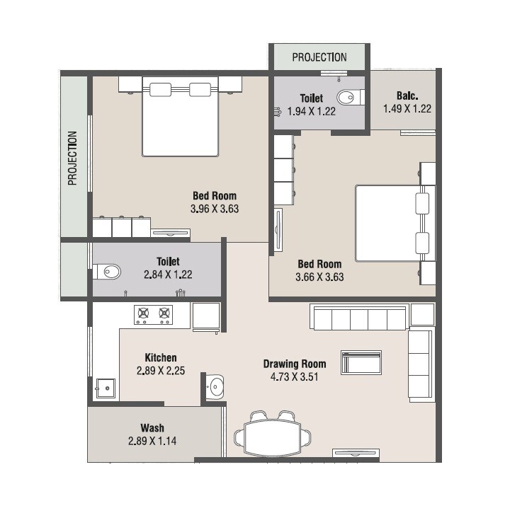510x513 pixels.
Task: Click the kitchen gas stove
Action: pyautogui.click(x=154, y=315)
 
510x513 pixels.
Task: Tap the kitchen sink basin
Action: pyautogui.click(x=106, y=388)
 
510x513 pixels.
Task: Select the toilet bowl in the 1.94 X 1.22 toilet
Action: pyautogui.click(x=348, y=98)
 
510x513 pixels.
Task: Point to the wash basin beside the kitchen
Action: pyautogui.click(x=215, y=386)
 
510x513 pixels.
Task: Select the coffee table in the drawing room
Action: pyautogui.click(x=361, y=362)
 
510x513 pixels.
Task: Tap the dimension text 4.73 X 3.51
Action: pyautogui.click(x=295, y=376)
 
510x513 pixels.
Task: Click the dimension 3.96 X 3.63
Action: pyautogui.click(x=215, y=209)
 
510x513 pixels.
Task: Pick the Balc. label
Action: pyautogui.click(x=407, y=96)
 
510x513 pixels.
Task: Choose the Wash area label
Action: pyautogui.click(x=152, y=428)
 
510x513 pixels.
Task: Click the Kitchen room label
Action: pyautogui.click(x=161, y=357)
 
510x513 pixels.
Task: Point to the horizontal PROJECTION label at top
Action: pyautogui.click(x=319, y=57)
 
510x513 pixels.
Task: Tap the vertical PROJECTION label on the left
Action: pyautogui.click(x=72, y=158)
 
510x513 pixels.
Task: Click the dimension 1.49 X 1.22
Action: pyautogui.click(x=407, y=109)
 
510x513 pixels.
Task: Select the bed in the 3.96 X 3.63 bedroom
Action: pyautogui.click(x=180, y=117)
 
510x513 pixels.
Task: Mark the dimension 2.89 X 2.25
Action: pyautogui.click(x=161, y=370)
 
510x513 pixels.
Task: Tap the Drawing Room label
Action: pyautogui.click(x=295, y=364)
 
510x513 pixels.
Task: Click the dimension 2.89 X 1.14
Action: pyautogui.click(x=152, y=442)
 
